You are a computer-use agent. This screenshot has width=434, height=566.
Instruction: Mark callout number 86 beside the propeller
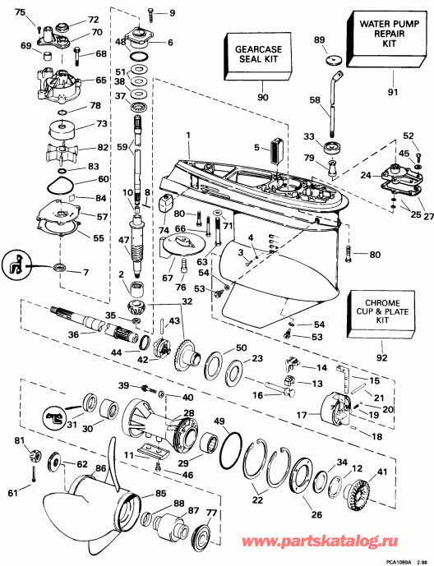[x=101, y=467]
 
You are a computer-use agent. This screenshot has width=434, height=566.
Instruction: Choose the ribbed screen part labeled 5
[x=275, y=150]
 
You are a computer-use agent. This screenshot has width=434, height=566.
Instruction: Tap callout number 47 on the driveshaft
[x=122, y=241]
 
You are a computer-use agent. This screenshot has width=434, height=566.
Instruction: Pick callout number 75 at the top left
[x=20, y=10]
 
